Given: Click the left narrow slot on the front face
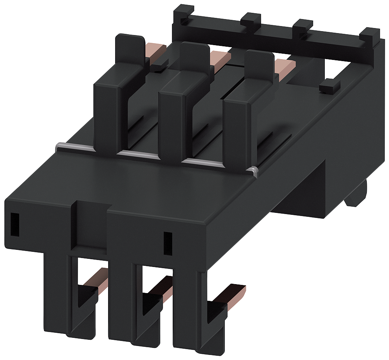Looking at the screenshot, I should coord(15,224).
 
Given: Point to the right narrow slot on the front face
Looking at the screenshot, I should coord(168,243).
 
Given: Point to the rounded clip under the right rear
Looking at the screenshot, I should coord(357,195).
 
